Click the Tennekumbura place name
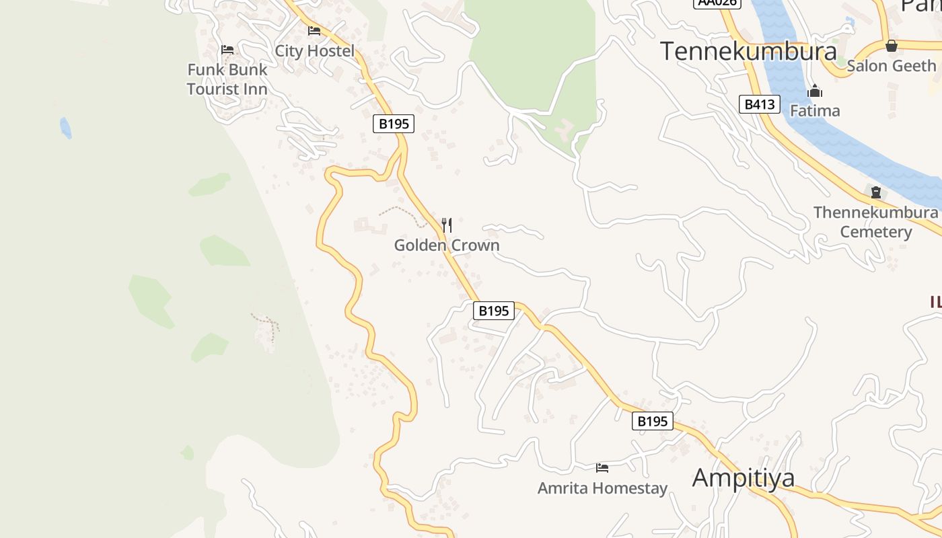(x=748, y=51)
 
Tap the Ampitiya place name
(x=743, y=477)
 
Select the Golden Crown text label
(x=447, y=245)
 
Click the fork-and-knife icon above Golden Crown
(x=447, y=225)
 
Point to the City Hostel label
(x=314, y=51)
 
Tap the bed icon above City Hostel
(x=314, y=31)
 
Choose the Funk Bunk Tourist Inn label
(x=227, y=79)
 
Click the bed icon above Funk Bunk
(x=227, y=50)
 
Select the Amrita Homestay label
(x=602, y=488)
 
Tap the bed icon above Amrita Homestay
(x=602, y=467)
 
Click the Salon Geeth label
(x=891, y=66)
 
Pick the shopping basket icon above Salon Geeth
(x=892, y=46)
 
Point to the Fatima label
(x=815, y=110)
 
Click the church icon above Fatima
(x=815, y=91)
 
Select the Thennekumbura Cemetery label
(x=875, y=222)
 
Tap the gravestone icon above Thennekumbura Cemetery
(x=876, y=192)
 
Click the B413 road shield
(x=760, y=104)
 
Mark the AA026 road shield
(x=717, y=3)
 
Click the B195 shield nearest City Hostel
(x=394, y=124)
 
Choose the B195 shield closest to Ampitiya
(x=652, y=421)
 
